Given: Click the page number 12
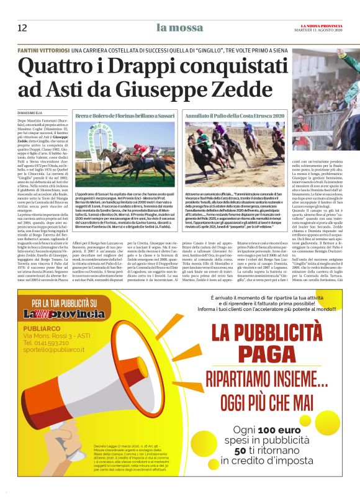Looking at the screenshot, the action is pyautogui.click(x=22, y=28).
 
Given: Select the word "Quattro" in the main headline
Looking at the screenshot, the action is pyautogui.click(x=56, y=66).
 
